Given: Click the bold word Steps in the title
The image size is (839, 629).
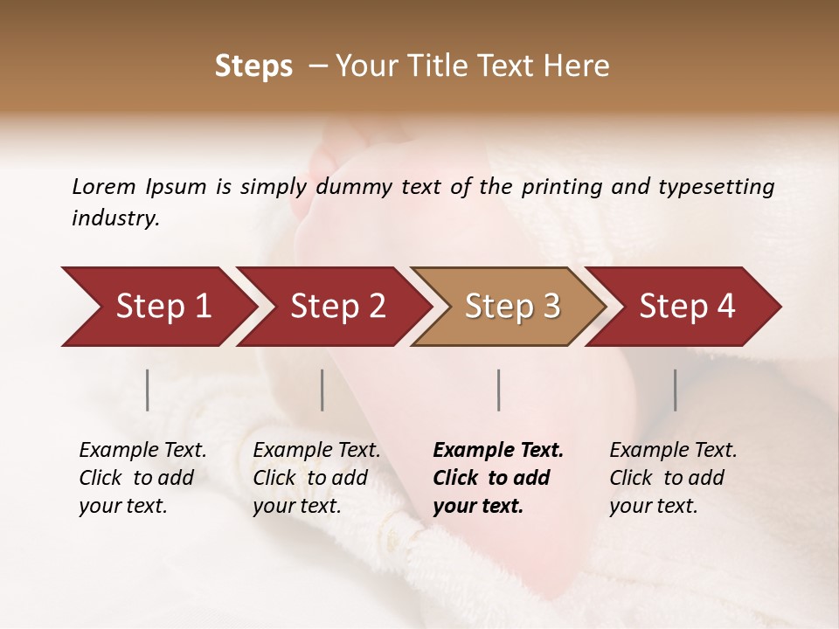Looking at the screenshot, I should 253,66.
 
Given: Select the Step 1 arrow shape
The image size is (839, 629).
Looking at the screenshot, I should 157,307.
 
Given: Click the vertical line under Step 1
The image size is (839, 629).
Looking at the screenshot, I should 148,390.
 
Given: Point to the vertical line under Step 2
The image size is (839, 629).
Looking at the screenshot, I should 322,390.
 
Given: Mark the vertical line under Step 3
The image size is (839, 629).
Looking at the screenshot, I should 498,390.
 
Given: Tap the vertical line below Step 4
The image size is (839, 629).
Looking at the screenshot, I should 675,390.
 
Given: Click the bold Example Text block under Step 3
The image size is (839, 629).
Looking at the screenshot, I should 498,478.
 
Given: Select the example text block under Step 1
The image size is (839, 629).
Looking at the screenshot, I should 142,478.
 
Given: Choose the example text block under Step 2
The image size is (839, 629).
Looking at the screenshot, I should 316,478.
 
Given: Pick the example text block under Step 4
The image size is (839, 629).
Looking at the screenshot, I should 673,478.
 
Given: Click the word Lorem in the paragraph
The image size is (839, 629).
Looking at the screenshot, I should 103,186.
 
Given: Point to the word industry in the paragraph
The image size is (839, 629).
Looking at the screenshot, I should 114,218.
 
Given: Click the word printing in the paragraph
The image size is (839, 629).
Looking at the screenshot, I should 563,187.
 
